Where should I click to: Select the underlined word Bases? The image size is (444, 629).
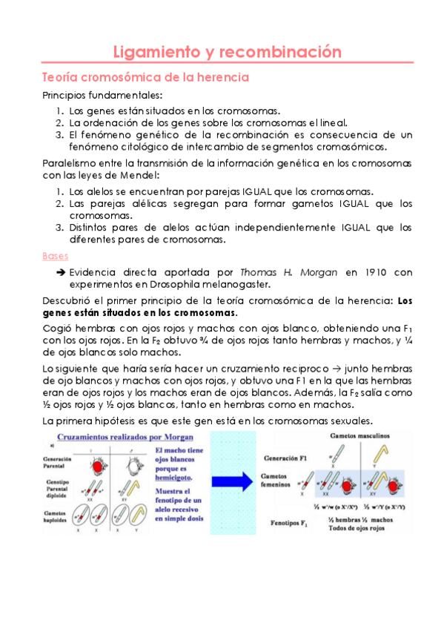pos(55,256)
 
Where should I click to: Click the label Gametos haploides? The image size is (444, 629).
pos(59,517)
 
